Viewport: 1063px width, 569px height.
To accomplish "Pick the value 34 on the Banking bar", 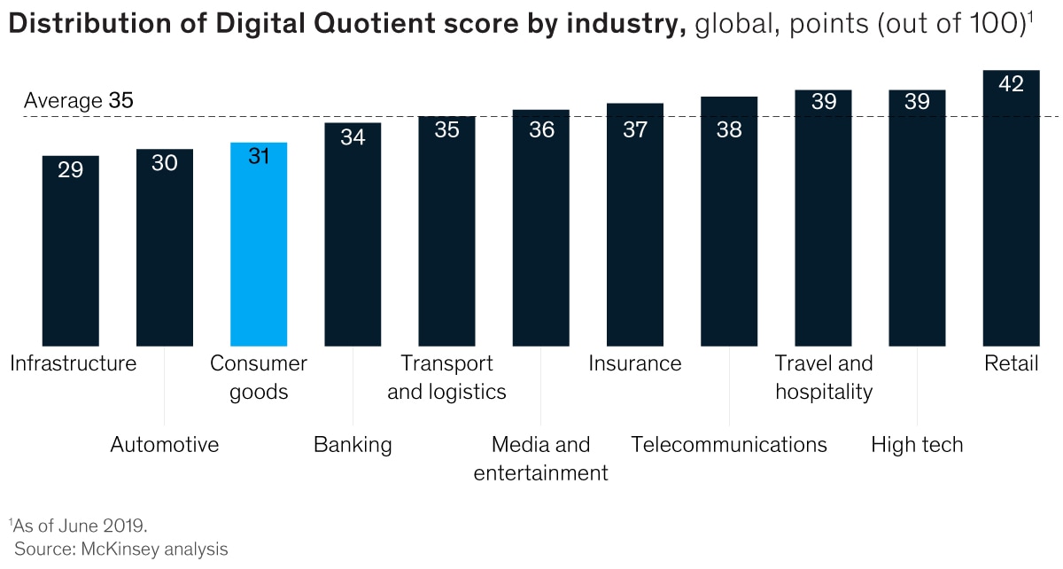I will (353, 137).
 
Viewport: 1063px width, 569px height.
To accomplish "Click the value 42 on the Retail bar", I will (1011, 84).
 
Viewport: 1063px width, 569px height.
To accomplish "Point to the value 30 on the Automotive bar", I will (165, 163).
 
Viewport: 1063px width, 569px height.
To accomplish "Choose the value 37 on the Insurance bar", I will (635, 129).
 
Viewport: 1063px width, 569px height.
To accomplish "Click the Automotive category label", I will (165, 444).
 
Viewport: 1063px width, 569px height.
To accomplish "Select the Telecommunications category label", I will (729, 444).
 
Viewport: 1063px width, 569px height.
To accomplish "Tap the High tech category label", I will (917, 444).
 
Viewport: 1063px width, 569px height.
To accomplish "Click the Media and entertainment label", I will (541, 458).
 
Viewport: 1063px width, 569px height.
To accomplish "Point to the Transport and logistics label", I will (446, 377).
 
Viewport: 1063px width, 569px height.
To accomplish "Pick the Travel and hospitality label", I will (824, 377).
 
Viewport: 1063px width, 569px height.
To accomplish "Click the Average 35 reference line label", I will (78, 101).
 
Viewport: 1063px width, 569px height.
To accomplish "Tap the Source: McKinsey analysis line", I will (120, 550).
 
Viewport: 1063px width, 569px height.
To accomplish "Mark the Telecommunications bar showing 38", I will (729, 222).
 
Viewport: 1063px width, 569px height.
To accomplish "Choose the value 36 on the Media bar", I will (541, 129).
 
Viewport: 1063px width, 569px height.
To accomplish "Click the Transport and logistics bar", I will (446, 230).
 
